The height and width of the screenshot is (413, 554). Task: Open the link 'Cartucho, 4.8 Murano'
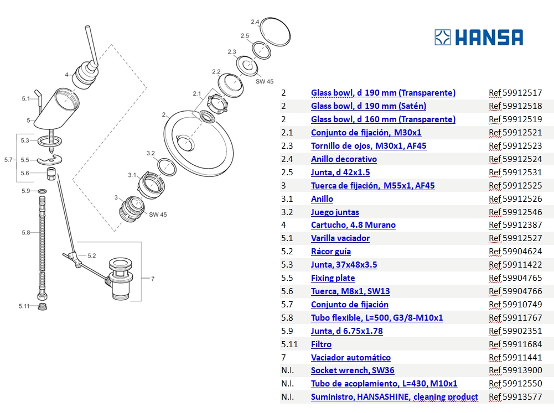tap(353, 225)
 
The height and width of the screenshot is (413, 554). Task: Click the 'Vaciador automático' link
tap(350, 358)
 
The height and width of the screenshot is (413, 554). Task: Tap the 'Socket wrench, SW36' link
tap(353, 370)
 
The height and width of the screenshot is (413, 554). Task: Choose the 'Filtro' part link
tap(321, 344)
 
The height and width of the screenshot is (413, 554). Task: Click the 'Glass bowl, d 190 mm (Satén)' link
tap(368, 106)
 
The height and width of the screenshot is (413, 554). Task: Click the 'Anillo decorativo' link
tap(344, 159)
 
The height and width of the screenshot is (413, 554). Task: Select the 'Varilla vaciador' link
tap(340, 238)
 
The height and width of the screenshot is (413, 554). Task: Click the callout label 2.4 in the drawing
tap(255, 22)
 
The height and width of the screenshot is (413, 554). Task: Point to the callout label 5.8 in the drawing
tap(26, 233)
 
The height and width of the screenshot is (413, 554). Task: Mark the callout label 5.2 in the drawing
tap(92, 255)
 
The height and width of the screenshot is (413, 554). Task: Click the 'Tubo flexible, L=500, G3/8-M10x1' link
tap(376, 318)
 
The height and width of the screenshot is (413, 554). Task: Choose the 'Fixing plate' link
tap(333, 278)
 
